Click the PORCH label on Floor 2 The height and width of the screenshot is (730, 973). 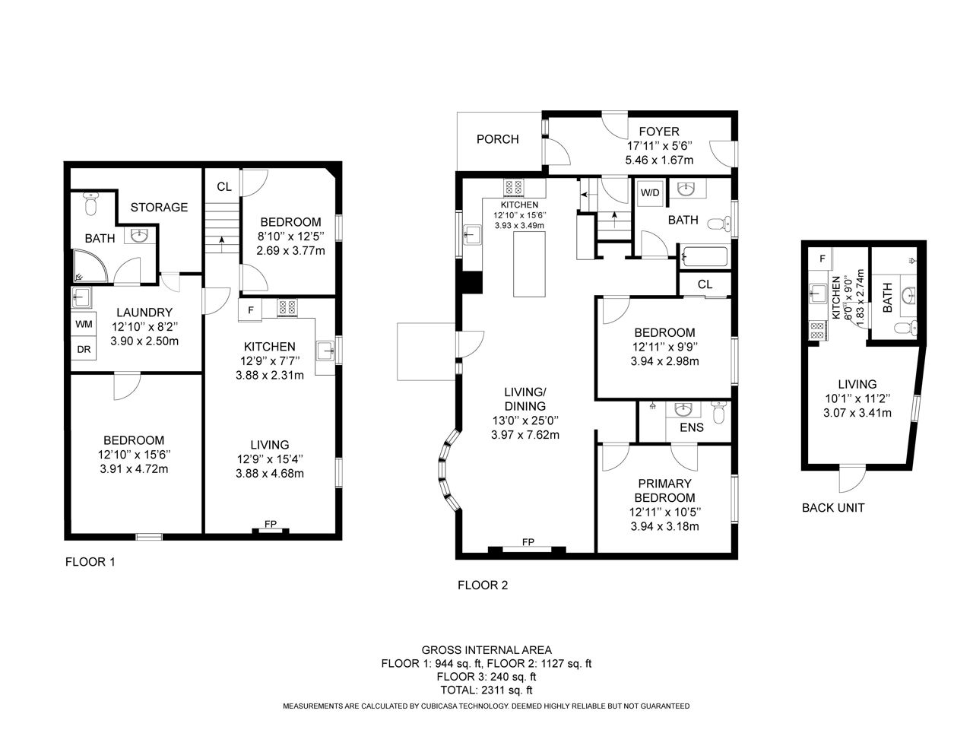(x=497, y=139)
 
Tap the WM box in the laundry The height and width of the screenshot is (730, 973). (x=84, y=324)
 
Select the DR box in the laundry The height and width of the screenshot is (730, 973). (x=84, y=349)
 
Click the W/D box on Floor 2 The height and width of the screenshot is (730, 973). (x=650, y=193)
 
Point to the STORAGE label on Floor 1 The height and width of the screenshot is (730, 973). (x=159, y=207)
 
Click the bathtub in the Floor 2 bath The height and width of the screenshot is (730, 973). (x=705, y=257)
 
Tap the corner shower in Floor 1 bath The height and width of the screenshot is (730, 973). (x=90, y=266)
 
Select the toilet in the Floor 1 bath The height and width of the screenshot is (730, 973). (x=90, y=204)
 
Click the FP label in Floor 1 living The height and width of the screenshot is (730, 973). (x=271, y=524)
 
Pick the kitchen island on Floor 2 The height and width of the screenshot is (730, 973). (x=529, y=264)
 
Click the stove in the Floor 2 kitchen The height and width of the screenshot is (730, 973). (x=514, y=188)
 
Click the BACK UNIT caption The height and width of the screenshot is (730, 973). (x=833, y=508)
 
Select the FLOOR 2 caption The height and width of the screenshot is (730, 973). (x=483, y=585)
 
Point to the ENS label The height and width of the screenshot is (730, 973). (x=692, y=427)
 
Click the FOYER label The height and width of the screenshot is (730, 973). (x=659, y=132)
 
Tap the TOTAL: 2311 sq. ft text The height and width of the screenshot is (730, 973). (x=486, y=690)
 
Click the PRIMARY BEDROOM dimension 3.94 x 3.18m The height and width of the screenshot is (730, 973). (x=664, y=526)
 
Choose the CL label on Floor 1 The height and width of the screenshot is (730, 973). (x=223, y=186)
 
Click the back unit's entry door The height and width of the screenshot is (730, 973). (x=852, y=479)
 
